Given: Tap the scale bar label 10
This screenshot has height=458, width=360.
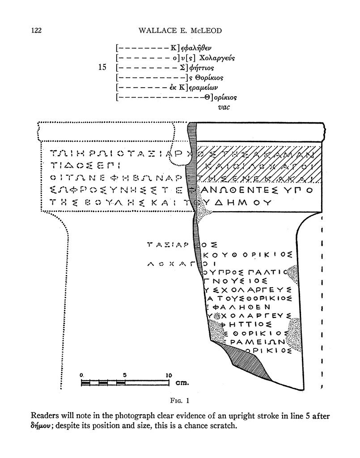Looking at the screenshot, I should tap(168, 375).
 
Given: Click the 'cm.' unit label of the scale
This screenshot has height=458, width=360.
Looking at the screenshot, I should tap(182, 383).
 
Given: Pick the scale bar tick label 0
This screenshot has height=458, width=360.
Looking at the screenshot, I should tap(81, 375).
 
